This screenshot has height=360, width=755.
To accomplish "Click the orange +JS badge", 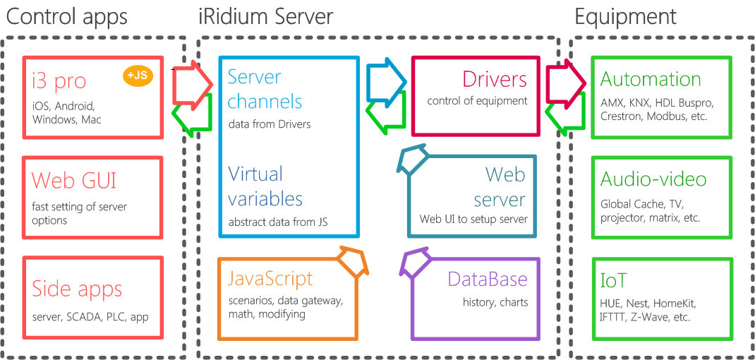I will click(138, 76).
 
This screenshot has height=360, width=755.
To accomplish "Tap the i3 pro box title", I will click(59, 81).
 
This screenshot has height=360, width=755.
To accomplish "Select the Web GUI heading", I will click(74, 181).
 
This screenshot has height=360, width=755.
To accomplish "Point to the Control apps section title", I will click(67, 16).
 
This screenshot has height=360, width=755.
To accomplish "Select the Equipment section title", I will click(625, 16).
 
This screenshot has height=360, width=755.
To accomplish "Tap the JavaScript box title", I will click(270, 278).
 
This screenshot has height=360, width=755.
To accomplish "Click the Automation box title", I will click(650, 79).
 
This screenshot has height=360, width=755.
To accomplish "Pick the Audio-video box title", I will click(653, 179).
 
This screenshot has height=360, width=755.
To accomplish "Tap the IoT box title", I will click(613, 280).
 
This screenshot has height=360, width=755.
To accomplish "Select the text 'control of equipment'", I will click(477, 101).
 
